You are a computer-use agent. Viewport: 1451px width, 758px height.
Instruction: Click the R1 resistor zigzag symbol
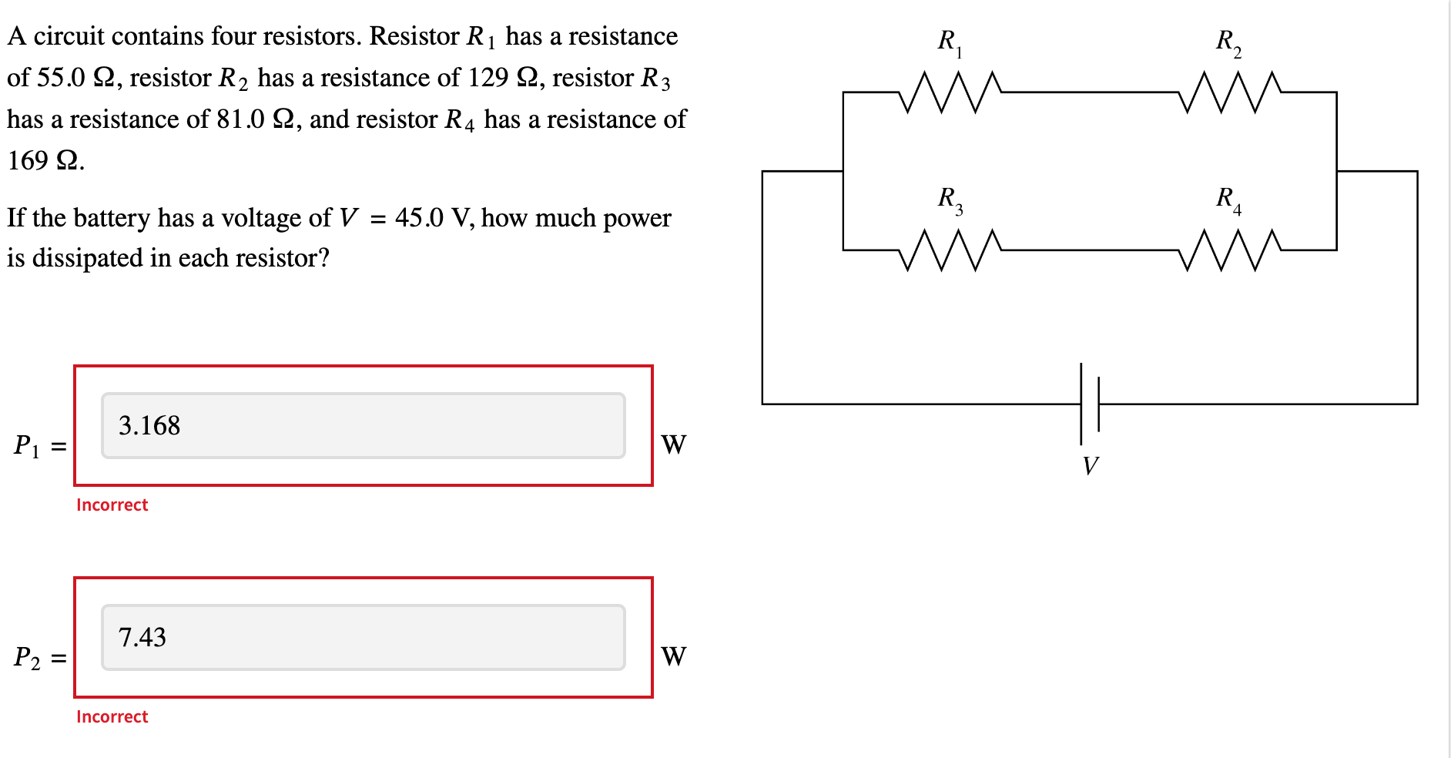click(x=949, y=92)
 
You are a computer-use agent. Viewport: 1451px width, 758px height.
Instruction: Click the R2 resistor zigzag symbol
click(x=1229, y=92)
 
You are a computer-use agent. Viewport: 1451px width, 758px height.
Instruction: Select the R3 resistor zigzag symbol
click(x=949, y=250)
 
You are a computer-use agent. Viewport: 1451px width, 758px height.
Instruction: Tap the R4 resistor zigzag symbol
click(x=1229, y=250)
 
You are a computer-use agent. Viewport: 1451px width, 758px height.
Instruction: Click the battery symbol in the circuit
click(x=1089, y=404)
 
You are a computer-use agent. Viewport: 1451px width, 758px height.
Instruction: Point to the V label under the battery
click(x=1090, y=465)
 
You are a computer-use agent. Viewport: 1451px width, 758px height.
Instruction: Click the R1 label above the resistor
click(x=950, y=42)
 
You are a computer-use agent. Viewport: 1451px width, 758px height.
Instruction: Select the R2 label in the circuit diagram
click(x=1228, y=42)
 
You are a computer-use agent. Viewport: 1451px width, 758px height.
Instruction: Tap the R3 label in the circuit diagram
click(x=950, y=200)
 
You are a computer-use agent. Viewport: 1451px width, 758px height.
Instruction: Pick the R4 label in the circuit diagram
click(x=1228, y=200)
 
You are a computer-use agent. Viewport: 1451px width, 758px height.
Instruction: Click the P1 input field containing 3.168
click(x=363, y=425)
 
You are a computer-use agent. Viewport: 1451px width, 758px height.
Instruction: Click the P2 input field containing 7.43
click(x=363, y=637)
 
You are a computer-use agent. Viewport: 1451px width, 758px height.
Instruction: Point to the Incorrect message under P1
click(x=112, y=505)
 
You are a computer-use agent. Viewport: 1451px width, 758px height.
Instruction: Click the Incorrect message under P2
click(x=112, y=716)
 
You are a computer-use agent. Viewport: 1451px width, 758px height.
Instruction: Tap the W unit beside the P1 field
click(x=673, y=444)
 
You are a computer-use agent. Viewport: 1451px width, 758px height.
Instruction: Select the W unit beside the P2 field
click(x=673, y=656)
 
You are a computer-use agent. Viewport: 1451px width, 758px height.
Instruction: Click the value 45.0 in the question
click(x=419, y=218)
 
